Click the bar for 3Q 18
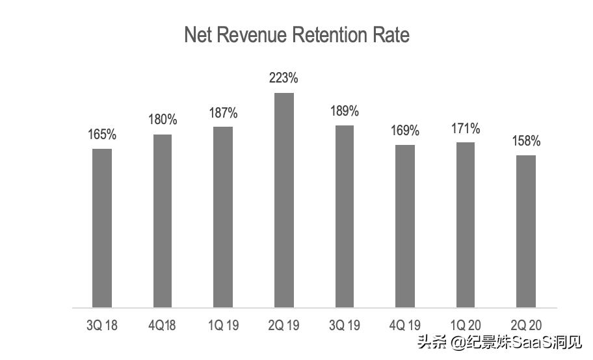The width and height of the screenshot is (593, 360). tap(102, 227)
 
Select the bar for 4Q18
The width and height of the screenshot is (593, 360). tap(163, 221)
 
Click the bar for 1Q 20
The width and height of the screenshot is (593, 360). tap(466, 224)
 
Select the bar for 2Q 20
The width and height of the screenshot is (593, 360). tap(526, 231)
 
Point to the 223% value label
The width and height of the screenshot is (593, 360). tap(284, 78)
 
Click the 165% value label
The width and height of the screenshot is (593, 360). tap(102, 135)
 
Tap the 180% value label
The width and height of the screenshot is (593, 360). tap(163, 120)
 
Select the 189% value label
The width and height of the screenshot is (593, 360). tap(345, 110)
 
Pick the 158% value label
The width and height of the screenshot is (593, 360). tap(526, 141)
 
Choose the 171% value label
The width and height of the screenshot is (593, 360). tap(466, 128)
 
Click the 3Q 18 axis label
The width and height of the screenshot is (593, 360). tap(102, 325)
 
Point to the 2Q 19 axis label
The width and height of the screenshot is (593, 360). tap(284, 325)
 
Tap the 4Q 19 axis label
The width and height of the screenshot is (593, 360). tap(405, 325)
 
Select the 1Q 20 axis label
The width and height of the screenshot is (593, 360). tap(466, 325)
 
